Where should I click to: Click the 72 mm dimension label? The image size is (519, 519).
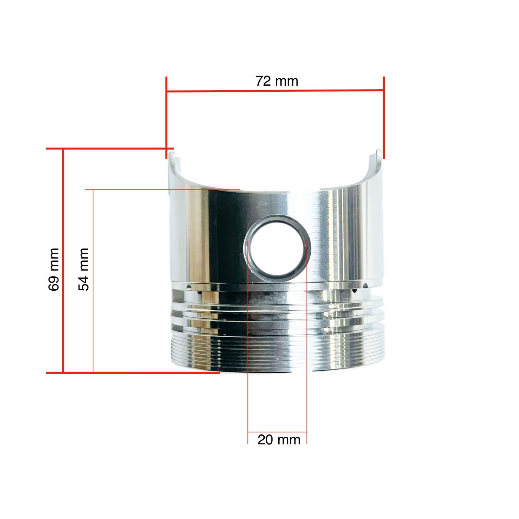277,81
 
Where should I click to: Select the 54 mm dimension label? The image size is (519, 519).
83,269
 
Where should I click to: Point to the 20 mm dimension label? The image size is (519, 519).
279,440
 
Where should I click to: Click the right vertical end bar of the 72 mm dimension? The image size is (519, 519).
384,118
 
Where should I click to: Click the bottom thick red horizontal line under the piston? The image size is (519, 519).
133,373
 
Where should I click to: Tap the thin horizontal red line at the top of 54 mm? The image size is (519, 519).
162,189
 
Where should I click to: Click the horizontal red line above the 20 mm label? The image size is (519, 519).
277,432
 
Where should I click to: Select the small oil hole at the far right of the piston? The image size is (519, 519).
365,285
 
